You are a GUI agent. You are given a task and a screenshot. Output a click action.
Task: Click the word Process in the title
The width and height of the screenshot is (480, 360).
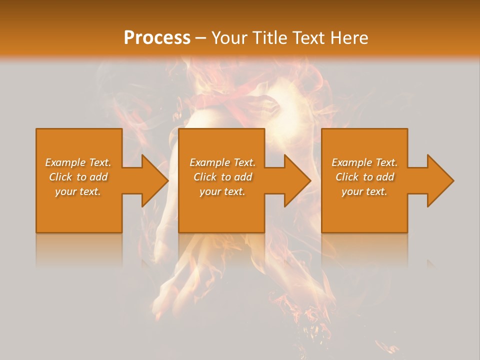click(157, 38)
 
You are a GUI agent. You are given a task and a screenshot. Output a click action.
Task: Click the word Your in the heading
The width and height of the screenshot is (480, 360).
click(229, 38)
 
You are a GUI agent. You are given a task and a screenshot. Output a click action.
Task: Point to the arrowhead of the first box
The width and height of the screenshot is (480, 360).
click(154, 180)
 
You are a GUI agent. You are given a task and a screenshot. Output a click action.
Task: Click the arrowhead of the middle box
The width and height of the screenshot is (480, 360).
click(297, 180)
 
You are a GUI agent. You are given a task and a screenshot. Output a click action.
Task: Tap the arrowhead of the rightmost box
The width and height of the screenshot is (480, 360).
click(439, 180)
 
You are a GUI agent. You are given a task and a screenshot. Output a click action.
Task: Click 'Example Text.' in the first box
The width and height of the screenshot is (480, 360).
click(78, 162)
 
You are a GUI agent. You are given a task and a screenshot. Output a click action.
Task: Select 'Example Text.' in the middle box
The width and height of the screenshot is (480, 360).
click(222, 162)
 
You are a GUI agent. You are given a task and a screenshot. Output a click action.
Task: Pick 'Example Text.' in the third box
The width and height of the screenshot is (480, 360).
click(364, 162)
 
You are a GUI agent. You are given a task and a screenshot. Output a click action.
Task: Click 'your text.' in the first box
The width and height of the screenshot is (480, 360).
click(78, 191)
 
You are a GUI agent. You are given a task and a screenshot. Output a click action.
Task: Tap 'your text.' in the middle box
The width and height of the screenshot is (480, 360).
click(222, 191)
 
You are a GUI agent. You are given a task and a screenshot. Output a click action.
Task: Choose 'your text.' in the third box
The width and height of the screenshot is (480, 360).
click(364, 191)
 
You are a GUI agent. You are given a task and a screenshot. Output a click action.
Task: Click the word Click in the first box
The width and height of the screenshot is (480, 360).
click(60, 177)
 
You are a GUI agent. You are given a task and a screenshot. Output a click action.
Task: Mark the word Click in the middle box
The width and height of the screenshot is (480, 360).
click(205, 177)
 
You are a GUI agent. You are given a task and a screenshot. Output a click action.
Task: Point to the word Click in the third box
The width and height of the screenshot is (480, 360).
click(347, 177)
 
